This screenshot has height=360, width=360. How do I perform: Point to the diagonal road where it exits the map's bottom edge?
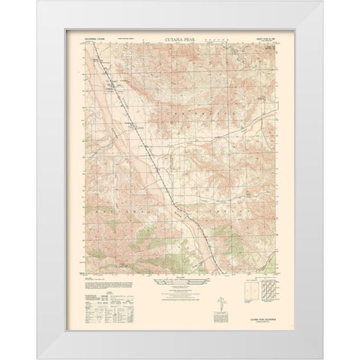[225, 274]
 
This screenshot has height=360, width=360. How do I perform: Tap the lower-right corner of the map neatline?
[274, 274]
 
